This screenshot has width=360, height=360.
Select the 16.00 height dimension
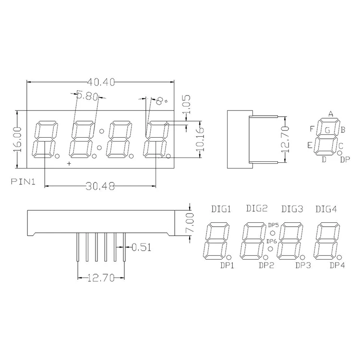tap(17, 139)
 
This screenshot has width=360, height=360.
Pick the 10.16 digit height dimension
tap(201, 140)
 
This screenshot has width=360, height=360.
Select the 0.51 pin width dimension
tap(141, 248)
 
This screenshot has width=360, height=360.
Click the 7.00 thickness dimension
tap(190, 223)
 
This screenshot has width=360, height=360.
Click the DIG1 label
tap(221, 209)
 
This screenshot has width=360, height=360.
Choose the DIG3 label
tap(292, 209)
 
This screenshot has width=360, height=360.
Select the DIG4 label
tap(326, 209)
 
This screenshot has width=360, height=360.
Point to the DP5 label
tap(273, 225)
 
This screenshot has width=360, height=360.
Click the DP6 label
tap(272, 241)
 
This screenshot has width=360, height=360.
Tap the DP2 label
tap(266, 264)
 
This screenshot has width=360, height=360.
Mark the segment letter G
tap(327, 130)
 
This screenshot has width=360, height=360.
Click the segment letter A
tap(331, 114)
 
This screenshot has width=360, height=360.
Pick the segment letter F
tap(312, 129)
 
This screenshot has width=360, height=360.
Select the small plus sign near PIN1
tap(69, 164)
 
